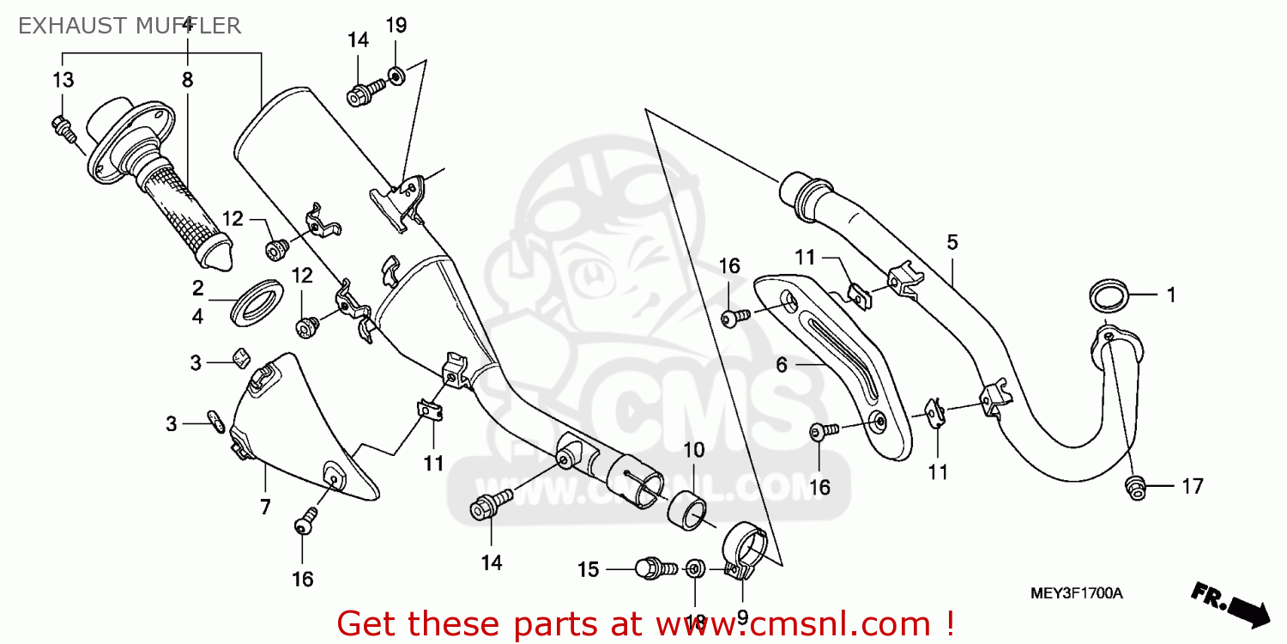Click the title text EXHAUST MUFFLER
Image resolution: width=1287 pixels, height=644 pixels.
pos(129,26)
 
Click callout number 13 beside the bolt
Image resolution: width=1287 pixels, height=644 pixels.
pos(63,81)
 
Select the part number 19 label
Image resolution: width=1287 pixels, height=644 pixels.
pos(396,26)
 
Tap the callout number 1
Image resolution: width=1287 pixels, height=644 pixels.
pos(1169,295)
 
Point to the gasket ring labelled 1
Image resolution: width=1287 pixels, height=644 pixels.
pos(1110,295)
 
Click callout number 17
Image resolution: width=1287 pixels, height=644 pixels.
pos(1192,487)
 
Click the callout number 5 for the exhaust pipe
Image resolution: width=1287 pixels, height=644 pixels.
pos(952,242)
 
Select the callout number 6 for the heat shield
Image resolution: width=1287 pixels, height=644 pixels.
pos(782,365)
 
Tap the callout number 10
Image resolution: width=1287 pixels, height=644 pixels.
pos(694,450)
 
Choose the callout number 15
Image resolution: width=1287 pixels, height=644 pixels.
pos(588,569)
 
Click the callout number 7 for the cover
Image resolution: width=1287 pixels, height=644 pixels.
pos(265,507)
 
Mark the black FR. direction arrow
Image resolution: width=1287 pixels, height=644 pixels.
pos(1230,602)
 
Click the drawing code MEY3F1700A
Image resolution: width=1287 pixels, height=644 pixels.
pos(1077,593)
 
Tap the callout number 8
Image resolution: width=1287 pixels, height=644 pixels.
pos(187,81)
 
